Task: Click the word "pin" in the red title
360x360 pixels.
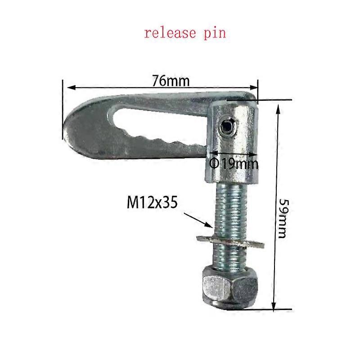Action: coord(214,33)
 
